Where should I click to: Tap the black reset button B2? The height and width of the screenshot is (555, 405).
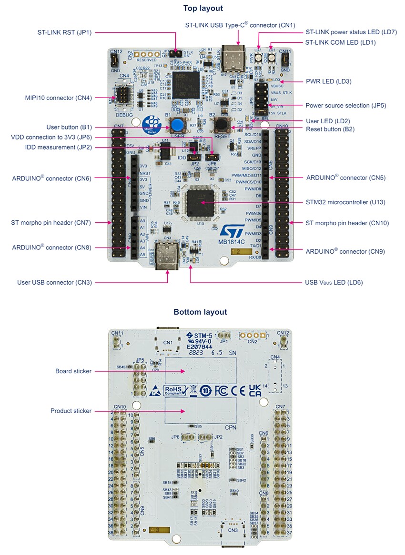coord(222,125)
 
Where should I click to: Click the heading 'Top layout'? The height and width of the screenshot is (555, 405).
coord(203,8)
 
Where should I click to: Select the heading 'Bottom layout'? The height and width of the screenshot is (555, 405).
coord(200,312)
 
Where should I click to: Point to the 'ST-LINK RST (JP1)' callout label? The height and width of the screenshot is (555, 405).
coord(64,33)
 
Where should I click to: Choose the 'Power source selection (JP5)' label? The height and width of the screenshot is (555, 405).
coord(345,105)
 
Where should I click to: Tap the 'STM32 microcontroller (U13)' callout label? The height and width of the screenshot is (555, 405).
coord(345,202)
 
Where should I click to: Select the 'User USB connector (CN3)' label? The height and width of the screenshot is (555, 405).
coord(54,282)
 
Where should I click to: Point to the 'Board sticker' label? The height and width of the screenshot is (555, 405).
coord(73,371)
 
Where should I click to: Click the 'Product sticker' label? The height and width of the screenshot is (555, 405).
coord(71,410)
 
